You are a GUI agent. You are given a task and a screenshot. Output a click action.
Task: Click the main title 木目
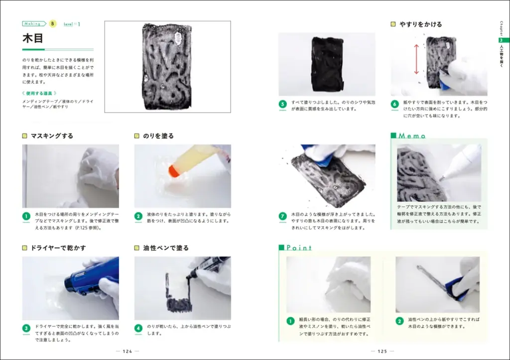pyautogui.click(x=33, y=39)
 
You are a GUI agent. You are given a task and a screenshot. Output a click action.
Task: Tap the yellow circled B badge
pyautogui.click(x=53, y=23)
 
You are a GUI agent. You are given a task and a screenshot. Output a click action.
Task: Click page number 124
pyautogui.click(x=127, y=351)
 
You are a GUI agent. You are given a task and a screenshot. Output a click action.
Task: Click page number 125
pyautogui.click(x=382, y=351)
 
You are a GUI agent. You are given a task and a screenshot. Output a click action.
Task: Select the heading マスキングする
pyautogui.click(x=51, y=135)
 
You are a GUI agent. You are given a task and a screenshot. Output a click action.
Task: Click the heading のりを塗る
pyautogui.click(x=158, y=135)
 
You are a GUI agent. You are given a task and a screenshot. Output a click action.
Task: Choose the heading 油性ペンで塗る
pyautogui.click(x=165, y=247)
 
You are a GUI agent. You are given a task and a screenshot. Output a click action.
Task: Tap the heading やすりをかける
pyautogui.click(x=420, y=24)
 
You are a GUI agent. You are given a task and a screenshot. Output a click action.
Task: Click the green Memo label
pyautogui.click(x=411, y=135)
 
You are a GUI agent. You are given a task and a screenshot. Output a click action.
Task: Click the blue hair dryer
pyautogui.click(x=92, y=279)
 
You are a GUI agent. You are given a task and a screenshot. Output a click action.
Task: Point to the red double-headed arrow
pyautogui.click(x=416, y=58)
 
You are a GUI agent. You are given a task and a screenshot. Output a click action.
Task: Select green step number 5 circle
pyautogui.click(x=282, y=104)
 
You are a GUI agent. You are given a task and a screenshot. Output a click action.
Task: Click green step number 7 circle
pyautogui.click(x=282, y=216)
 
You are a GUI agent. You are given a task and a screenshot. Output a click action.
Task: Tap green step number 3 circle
pyautogui.click(x=26, y=328)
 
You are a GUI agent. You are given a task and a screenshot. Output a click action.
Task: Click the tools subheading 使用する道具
pyautogui.click(x=43, y=93)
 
